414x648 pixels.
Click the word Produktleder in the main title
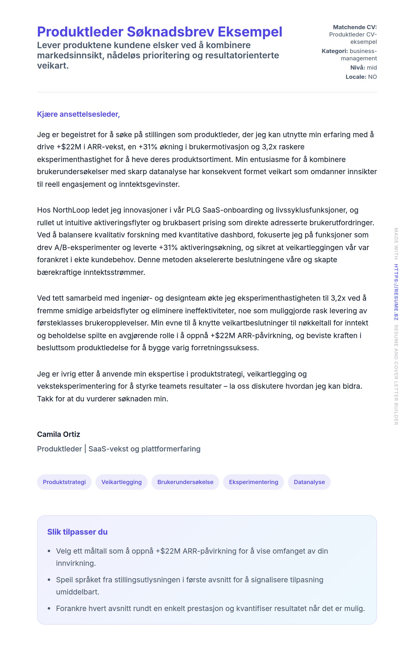80,32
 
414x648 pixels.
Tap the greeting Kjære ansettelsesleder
78,114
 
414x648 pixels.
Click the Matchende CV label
355,27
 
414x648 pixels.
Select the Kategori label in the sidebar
334,51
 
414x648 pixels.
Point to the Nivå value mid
372,68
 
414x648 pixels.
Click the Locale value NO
372,77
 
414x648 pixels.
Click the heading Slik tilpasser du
77,532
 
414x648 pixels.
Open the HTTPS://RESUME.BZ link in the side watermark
396,292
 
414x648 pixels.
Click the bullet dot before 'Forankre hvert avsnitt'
49,608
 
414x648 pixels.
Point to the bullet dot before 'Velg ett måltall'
49,551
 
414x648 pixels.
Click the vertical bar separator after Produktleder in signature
85,449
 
